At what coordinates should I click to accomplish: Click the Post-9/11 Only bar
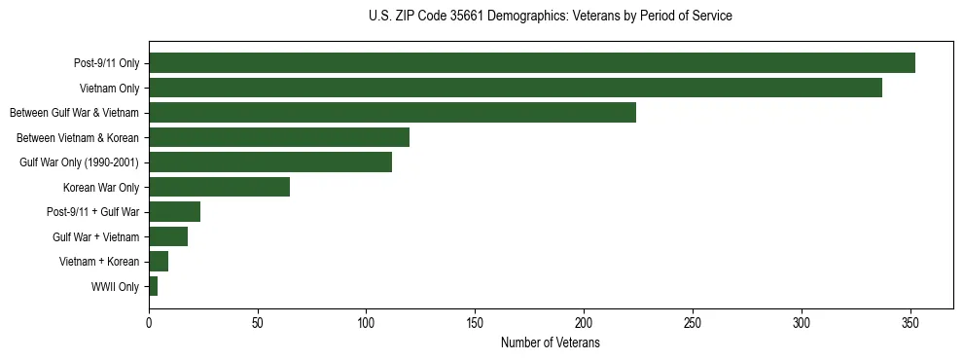531,63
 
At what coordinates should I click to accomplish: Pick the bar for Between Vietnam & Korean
279,137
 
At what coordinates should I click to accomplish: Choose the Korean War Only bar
219,187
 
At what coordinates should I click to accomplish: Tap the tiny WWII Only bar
154,286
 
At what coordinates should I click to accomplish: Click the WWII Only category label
115,287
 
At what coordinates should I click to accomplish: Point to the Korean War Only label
101,188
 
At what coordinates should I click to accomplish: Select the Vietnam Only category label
109,89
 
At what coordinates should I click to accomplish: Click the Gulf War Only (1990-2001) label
80,162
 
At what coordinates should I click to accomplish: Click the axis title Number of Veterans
551,343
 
